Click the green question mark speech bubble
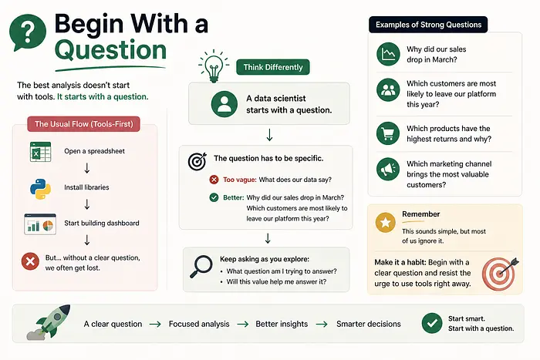(28, 32)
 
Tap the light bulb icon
(214, 66)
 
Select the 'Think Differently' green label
(273, 67)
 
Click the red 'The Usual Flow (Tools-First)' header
(83, 124)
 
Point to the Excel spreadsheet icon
(40, 152)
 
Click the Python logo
(40, 189)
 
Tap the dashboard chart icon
(40, 224)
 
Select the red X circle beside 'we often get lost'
(30, 261)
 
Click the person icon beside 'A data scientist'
(224, 104)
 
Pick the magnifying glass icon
(201, 267)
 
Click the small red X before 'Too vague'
(214, 180)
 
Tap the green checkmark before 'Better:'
(214, 197)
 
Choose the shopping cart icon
(388, 133)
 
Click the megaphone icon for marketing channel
(388, 169)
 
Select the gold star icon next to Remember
(386, 222)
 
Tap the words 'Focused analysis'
(199, 324)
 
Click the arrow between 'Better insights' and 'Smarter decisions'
(322, 325)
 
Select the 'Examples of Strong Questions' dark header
(428, 25)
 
